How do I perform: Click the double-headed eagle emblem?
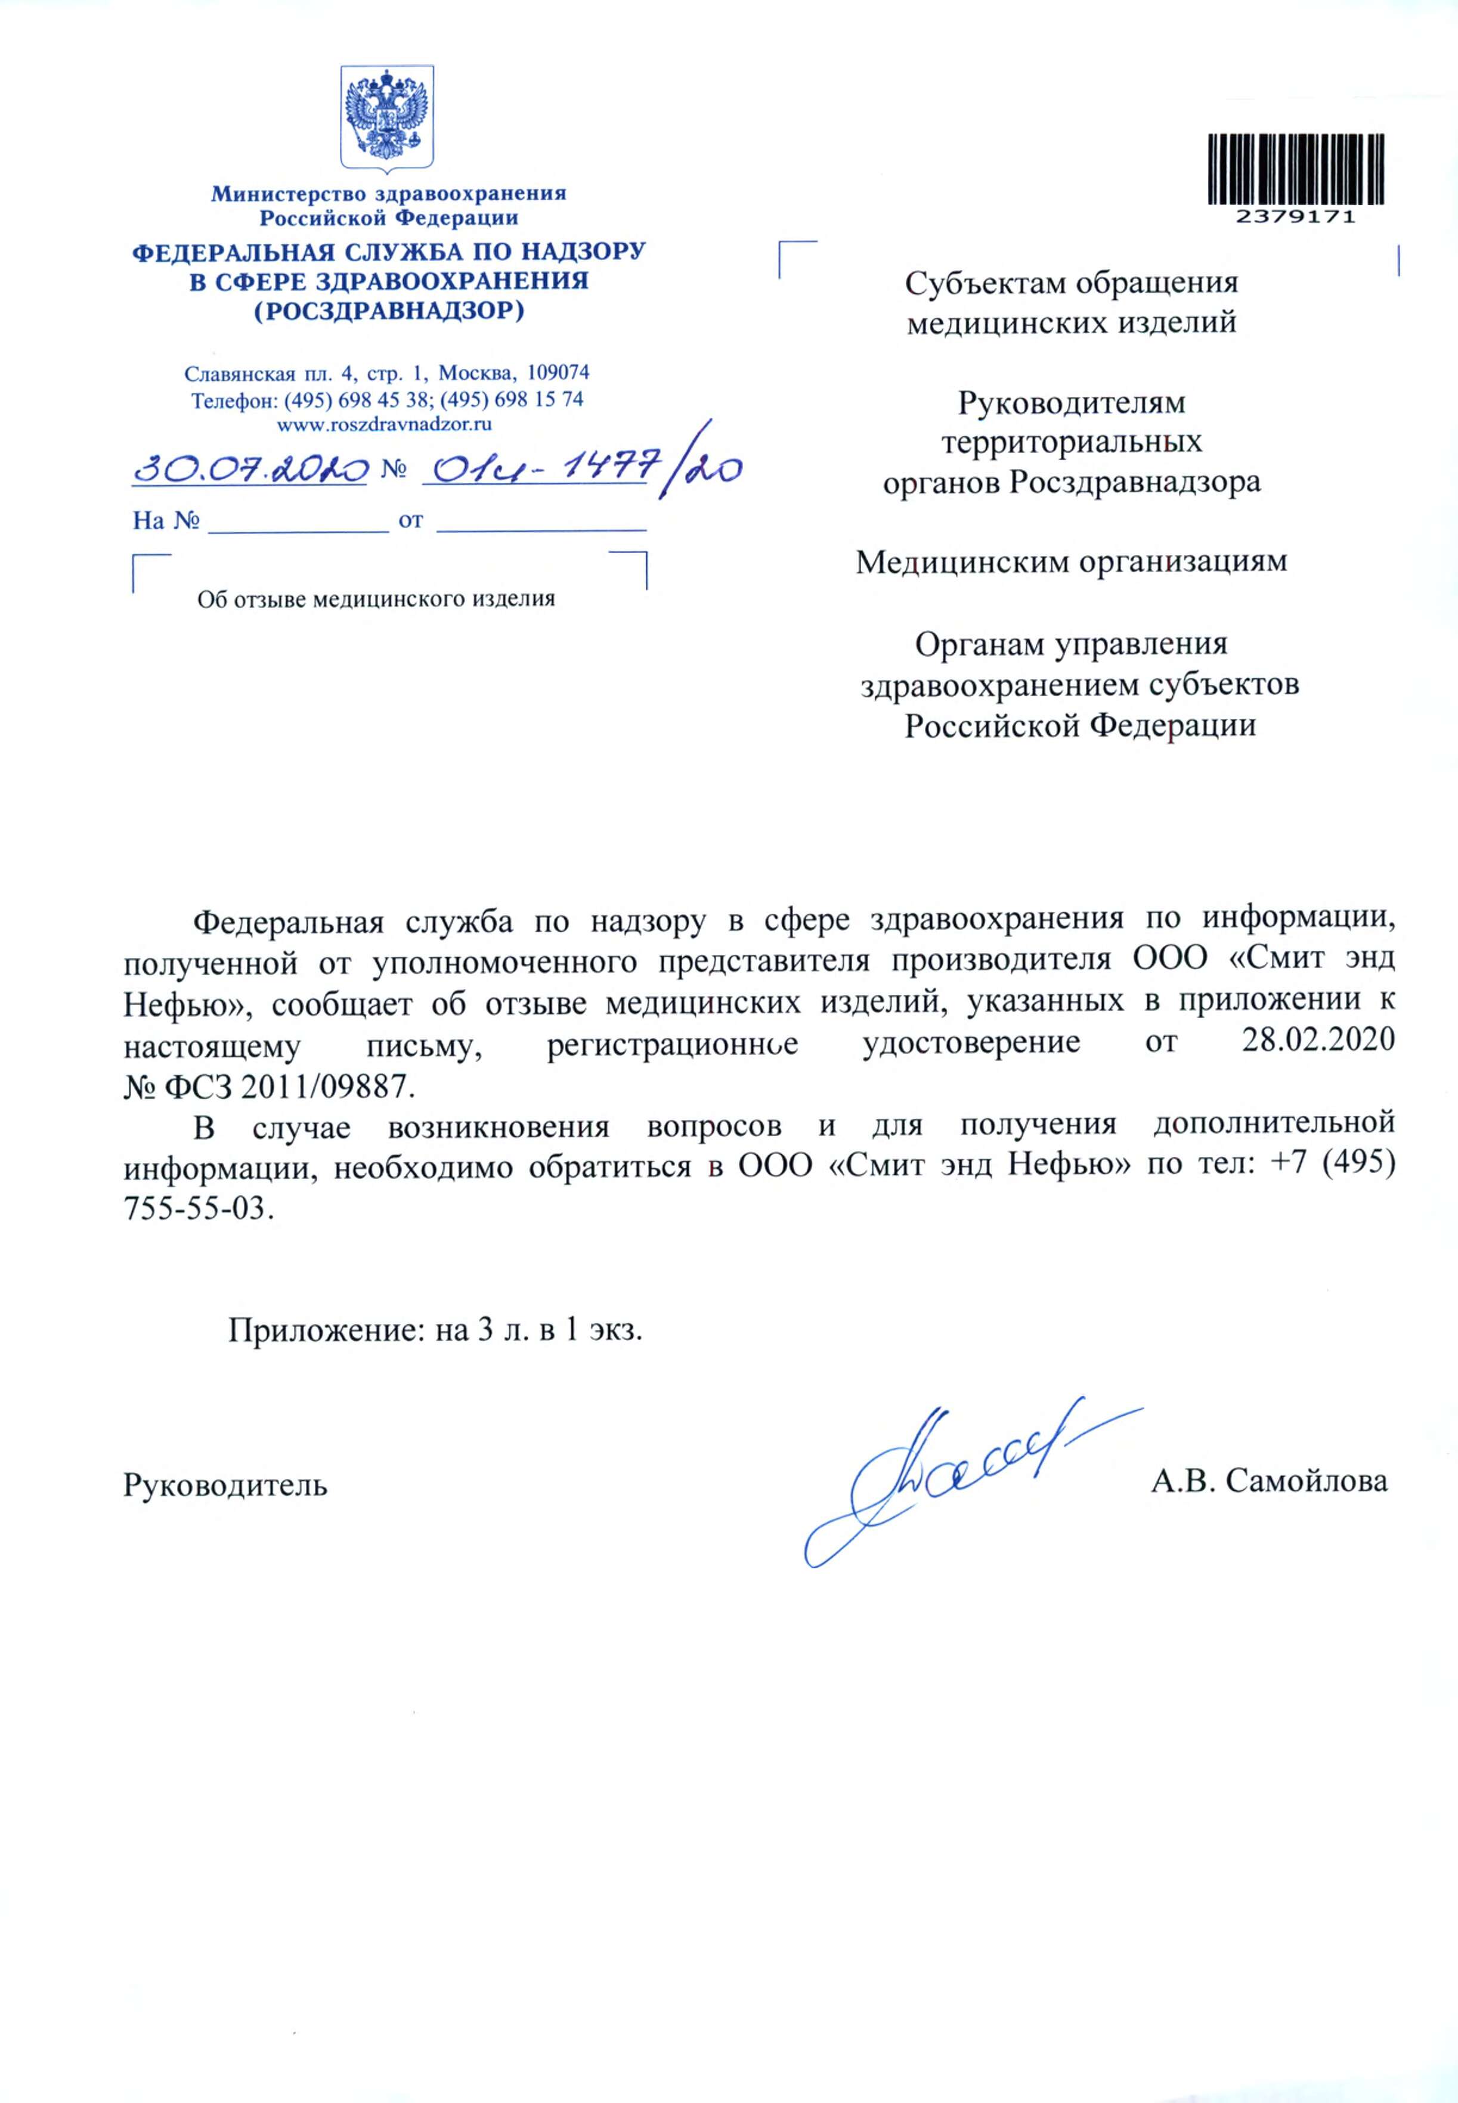point(388,117)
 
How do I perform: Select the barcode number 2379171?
point(1295,218)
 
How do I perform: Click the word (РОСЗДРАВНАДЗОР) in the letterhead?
point(388,311)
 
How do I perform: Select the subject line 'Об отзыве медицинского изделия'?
point(376,599)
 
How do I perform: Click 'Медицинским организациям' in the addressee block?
point(1070,562)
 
